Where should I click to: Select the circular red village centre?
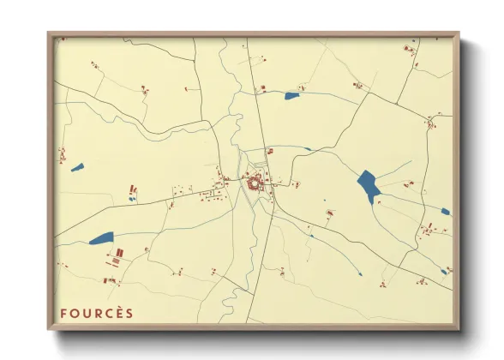coord(255,182)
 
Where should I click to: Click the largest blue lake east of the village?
coord(369,185)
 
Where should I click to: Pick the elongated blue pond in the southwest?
coord(101,238)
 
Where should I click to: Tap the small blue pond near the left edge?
coord(77,167)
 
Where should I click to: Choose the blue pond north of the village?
coord(292,95)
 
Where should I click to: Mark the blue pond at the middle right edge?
coord(445,211)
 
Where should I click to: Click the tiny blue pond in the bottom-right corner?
coord(444,272)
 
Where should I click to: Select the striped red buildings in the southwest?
coord(117,253)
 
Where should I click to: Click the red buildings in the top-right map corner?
coord(410,51)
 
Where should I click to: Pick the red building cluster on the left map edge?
coord(62,155)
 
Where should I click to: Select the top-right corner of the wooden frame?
coord(458,35)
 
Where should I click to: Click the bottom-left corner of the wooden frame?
coord(50,328)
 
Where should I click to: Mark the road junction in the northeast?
coord(369,93)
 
